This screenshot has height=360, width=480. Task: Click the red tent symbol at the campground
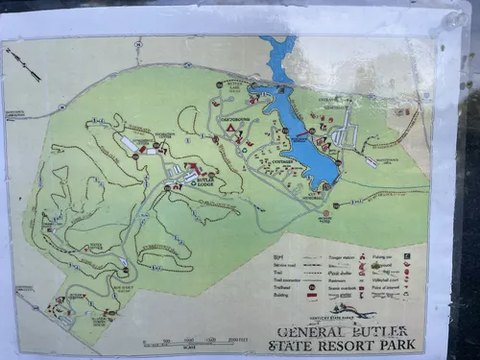click(x=230, y=126)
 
